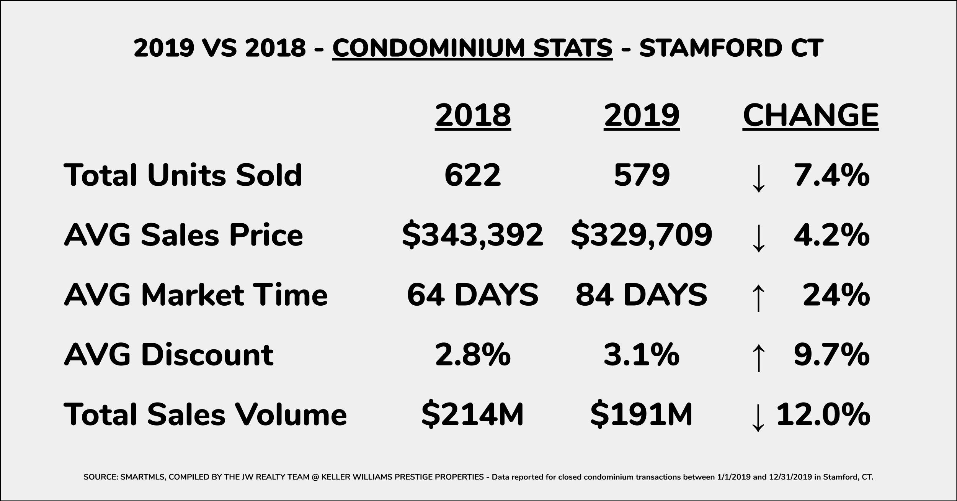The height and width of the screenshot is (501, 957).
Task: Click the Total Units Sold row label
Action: [x=183, y=175]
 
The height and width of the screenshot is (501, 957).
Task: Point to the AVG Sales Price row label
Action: [x=183, y=235]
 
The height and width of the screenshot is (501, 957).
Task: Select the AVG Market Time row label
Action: [x=196, y=295]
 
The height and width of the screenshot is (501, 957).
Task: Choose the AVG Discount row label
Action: [x=169, y=355]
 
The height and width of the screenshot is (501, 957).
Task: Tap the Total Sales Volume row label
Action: [x=205, y=414]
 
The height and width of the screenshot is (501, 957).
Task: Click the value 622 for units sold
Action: [x=473, y=175]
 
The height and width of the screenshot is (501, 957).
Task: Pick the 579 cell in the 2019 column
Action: [x=642, y=175]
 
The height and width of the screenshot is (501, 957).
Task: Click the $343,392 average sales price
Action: [x=473, y=235]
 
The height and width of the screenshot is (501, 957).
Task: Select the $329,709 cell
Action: [x=642, y=235]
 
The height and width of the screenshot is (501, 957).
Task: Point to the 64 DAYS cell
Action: [x=473, y=295]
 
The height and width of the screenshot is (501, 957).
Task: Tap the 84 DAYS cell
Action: [x=642, y=295]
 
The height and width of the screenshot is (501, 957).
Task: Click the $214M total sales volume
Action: [x=473, y=414]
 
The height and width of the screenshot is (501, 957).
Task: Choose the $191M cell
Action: [x=642, y=414]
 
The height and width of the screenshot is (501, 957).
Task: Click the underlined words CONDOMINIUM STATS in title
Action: [x=472, y=48]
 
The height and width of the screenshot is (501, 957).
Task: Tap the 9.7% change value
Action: [x=831, y=355]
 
